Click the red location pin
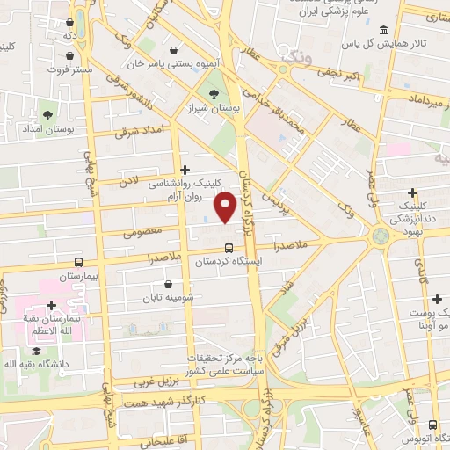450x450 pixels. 226,207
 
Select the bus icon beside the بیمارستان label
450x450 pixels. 79,261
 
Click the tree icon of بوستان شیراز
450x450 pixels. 214,94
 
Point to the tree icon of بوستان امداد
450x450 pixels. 47,114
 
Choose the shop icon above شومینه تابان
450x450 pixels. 168,284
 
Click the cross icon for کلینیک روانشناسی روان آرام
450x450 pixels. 185,170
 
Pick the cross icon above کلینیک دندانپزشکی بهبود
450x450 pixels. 412,192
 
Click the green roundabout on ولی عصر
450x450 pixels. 381,236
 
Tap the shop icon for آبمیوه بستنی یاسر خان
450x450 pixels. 174,49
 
